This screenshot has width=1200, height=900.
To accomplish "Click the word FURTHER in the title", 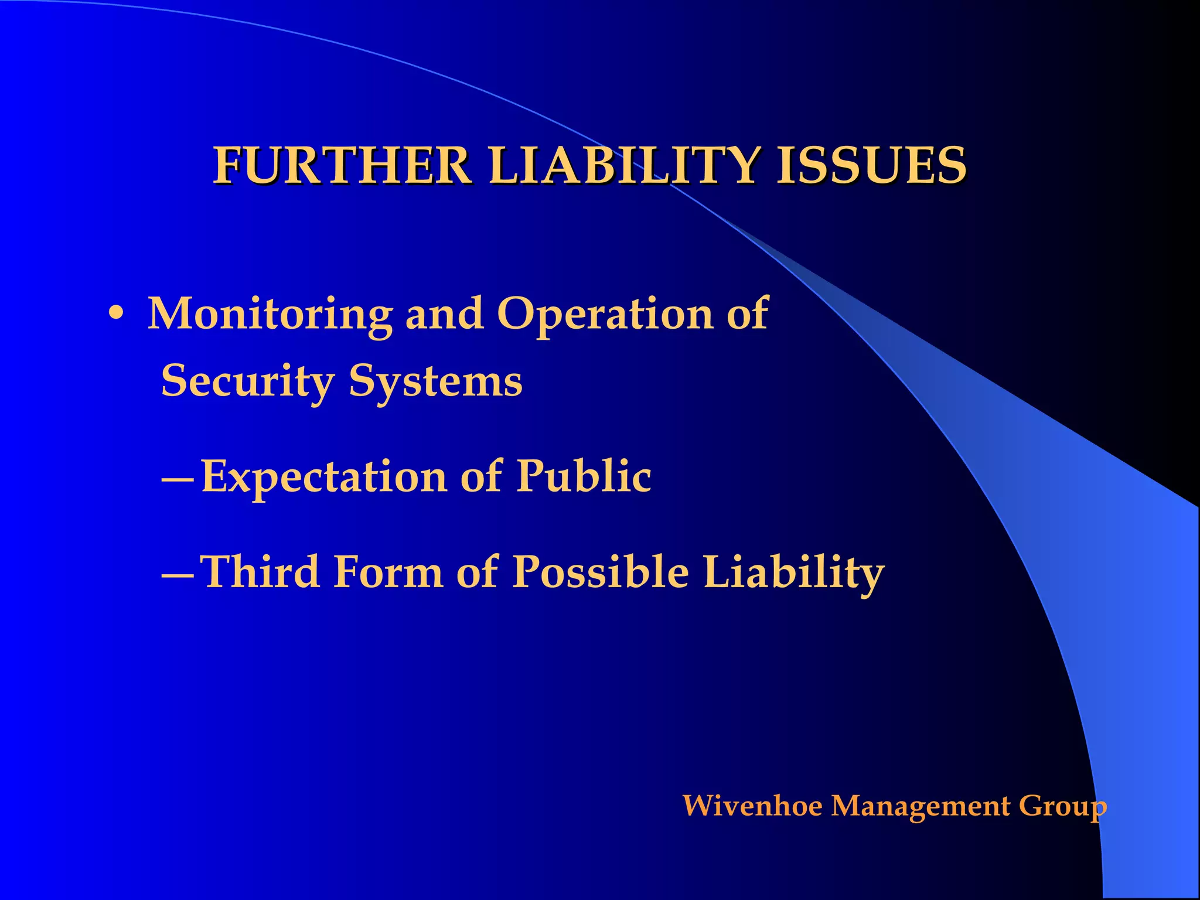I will coord(342,166).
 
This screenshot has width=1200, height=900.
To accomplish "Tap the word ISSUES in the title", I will coord(871,166).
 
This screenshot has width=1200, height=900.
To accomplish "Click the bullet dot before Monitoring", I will coord(116,315).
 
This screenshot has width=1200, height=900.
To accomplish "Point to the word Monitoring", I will coord(270,315).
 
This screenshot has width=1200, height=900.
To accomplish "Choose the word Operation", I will coord(605,315).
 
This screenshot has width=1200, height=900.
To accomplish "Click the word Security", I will coord(247,381).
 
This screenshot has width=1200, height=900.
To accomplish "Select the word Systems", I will coord(435,381).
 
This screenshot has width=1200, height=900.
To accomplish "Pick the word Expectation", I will coord(324,477).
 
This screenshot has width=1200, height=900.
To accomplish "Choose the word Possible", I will coord(601,572).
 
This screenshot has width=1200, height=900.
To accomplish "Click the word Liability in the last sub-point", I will coord(793,573).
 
